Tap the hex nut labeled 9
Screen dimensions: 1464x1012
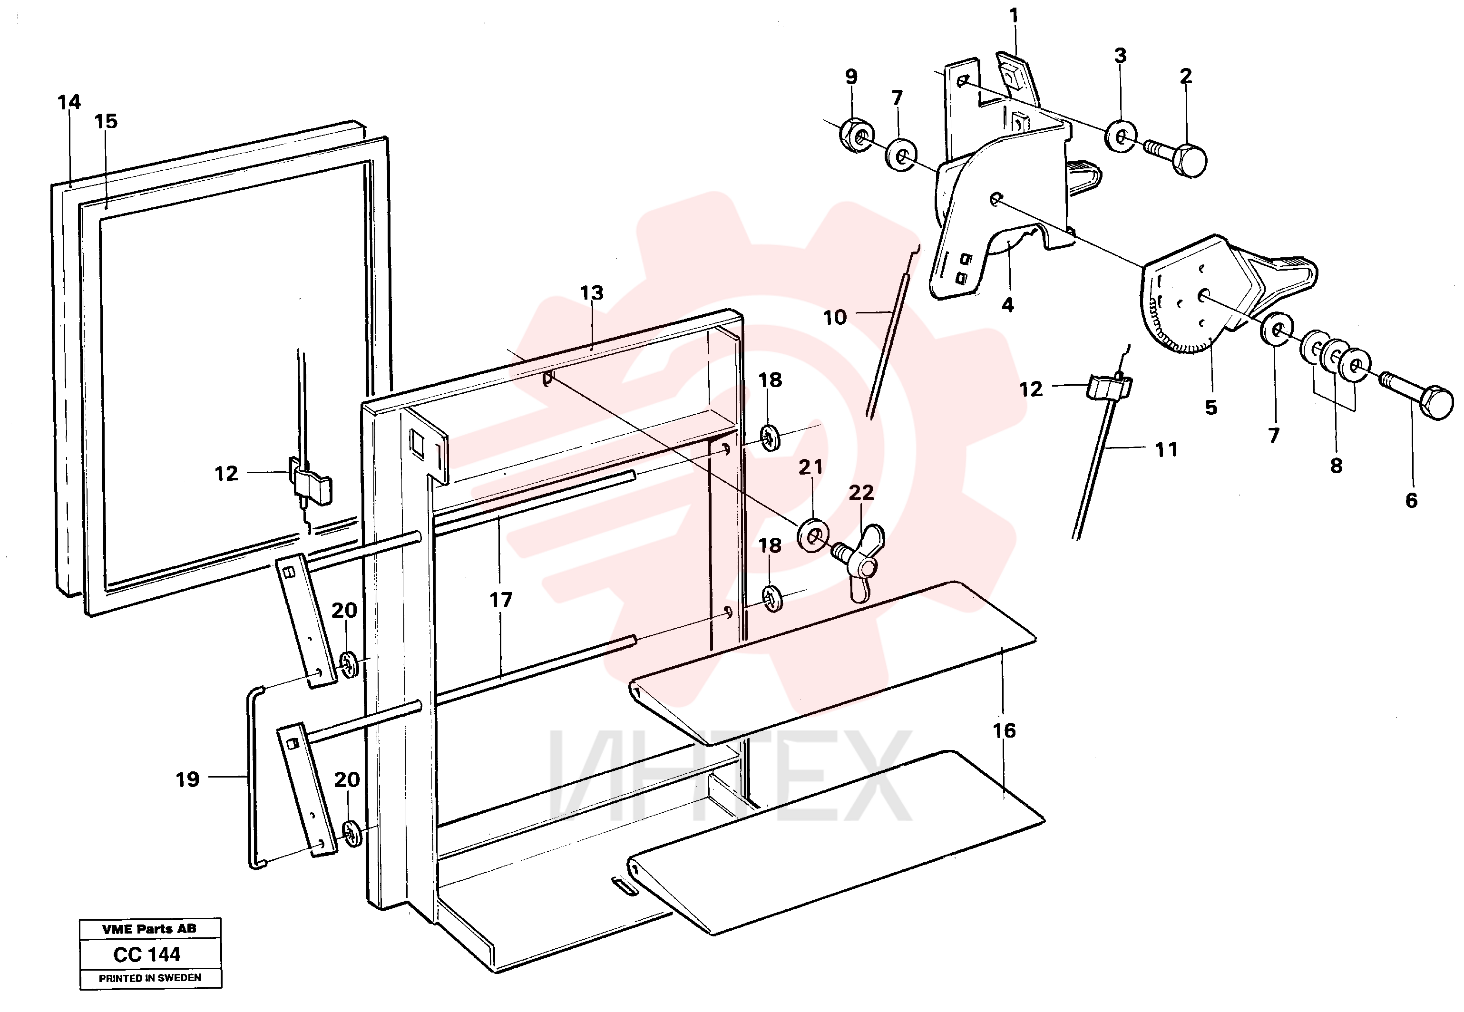pos(857,135)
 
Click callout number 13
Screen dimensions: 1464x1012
pos(592,293)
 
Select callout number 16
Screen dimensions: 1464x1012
pos(1005,730)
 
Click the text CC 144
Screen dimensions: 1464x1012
pos(147,954)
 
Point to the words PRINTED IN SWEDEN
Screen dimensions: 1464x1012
pos(150,978)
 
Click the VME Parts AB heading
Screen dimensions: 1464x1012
pos(150,929)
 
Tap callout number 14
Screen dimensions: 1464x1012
pos(69,102)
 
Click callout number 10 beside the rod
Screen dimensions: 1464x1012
pos(834,317)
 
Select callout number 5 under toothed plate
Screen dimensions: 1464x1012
pos(1211,407)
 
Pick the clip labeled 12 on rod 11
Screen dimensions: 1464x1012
pos(1110,387)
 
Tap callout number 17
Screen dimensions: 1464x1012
pos(500,599)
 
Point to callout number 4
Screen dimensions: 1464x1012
pos(1007,305)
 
